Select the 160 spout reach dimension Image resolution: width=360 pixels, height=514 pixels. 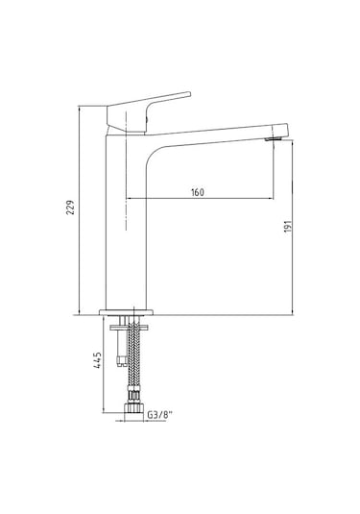point(197,192)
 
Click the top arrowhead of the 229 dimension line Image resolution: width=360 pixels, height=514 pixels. point(77,109)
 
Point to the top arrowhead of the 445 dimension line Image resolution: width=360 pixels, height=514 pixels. point(107,318)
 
